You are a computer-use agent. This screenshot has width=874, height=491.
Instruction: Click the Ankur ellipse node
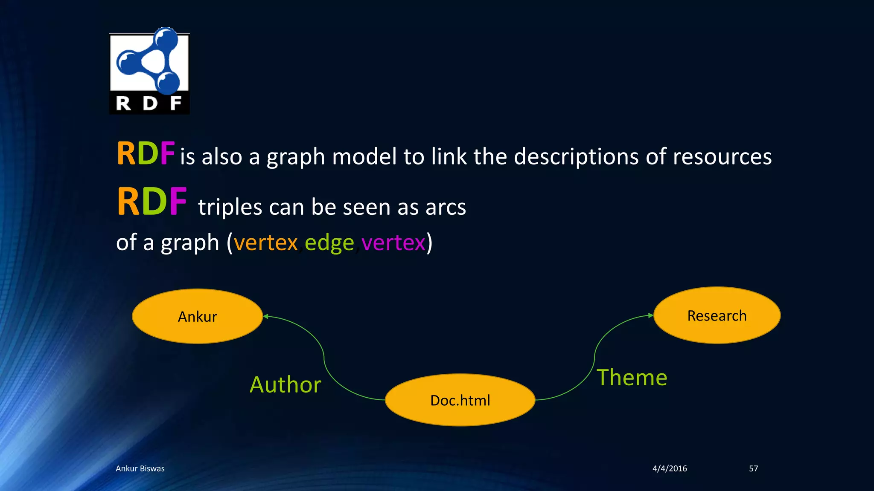pos(197,316)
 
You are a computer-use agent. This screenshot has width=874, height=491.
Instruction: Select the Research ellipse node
pos(717,315)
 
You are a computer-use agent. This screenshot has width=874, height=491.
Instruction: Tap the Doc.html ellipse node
pos(460,400)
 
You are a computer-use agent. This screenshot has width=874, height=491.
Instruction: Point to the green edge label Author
pos(285,384)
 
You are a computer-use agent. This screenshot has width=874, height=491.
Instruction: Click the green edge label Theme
pos(632,378)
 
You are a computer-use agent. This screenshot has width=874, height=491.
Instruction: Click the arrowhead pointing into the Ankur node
pos(265,316)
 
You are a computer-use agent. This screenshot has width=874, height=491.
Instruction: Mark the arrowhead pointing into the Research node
pos(651,315)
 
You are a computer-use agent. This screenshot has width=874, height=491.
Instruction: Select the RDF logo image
pos(149,71)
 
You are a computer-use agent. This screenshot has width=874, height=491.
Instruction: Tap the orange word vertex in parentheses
pos(265,243)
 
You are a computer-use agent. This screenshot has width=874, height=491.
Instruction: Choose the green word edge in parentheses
pos(329,243)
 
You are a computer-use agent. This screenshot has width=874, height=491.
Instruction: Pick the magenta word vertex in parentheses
pos(393,243)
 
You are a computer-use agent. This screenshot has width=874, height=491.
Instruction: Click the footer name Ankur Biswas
pos(140,468)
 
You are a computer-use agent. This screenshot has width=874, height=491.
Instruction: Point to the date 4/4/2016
pos(670,468)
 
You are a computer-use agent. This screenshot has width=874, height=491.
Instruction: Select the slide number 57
pos(753,468)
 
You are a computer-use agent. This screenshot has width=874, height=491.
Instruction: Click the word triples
pos(230,208)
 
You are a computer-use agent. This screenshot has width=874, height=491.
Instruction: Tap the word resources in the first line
pos(722,156)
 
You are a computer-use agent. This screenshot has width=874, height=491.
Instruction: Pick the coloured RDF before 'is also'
pos(146,153)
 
